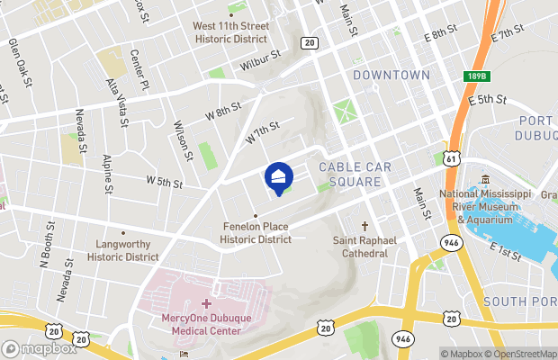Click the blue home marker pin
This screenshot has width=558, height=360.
[279, 177]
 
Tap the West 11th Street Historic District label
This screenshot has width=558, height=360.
[229, 32]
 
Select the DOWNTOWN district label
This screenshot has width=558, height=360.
[391, 75]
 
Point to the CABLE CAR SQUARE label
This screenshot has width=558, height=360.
[350, 175]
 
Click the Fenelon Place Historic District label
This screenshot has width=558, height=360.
[256, 234]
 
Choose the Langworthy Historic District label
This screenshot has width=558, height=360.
[123, 250]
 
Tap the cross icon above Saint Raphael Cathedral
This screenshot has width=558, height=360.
[364, 226]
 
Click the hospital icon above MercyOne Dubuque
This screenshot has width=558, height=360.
[206, 304]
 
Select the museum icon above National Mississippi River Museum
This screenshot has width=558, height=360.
[485, 178]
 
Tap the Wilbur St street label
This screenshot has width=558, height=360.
[261, 60]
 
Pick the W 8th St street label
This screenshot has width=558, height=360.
[223, 111]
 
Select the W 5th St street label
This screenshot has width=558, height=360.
[166, 183]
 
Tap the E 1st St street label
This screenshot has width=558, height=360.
[506, 251]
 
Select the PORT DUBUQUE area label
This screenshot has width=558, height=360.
[538, 127]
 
